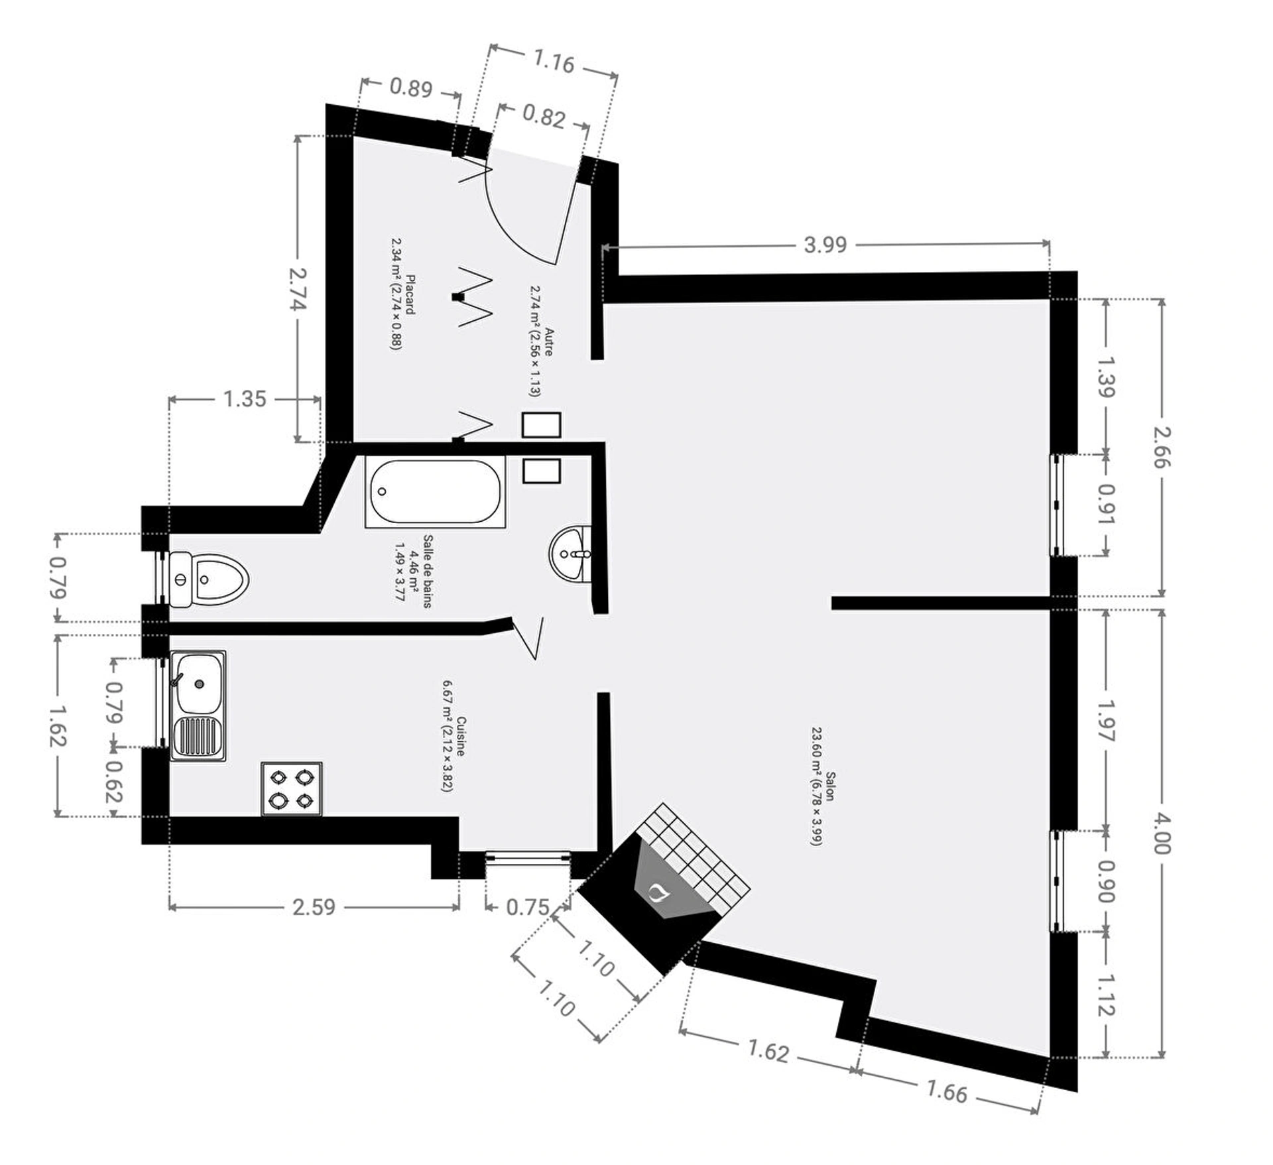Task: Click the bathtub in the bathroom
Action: click(x=435, y=491)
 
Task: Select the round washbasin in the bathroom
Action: click(x=570, y=554)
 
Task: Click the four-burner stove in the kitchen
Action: click(x=292, y=789)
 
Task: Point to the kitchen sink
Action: click(x=198, y=705)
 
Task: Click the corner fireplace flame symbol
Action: click(x=658, y=892)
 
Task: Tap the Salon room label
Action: click(x=821, y=808)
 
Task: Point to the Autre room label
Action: click(x=540, y=341)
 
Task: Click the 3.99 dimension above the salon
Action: click(x=825, y=245)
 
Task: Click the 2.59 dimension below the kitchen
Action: click(x=314, y=906)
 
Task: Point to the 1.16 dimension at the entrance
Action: click(x=554, y=62)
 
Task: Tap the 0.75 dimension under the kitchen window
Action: click(x=528, y=906)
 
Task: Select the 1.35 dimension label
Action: click(x=245, y=399)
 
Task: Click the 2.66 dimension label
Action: click(x=1162, y=446)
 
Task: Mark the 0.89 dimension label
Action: click(x=411, y=88)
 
